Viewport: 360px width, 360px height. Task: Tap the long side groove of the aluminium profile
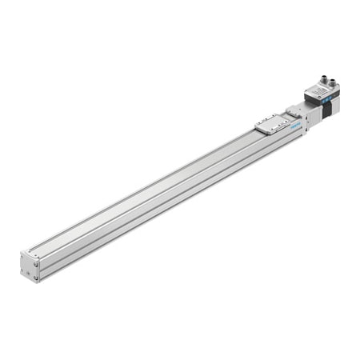click(x=160, y=200)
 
